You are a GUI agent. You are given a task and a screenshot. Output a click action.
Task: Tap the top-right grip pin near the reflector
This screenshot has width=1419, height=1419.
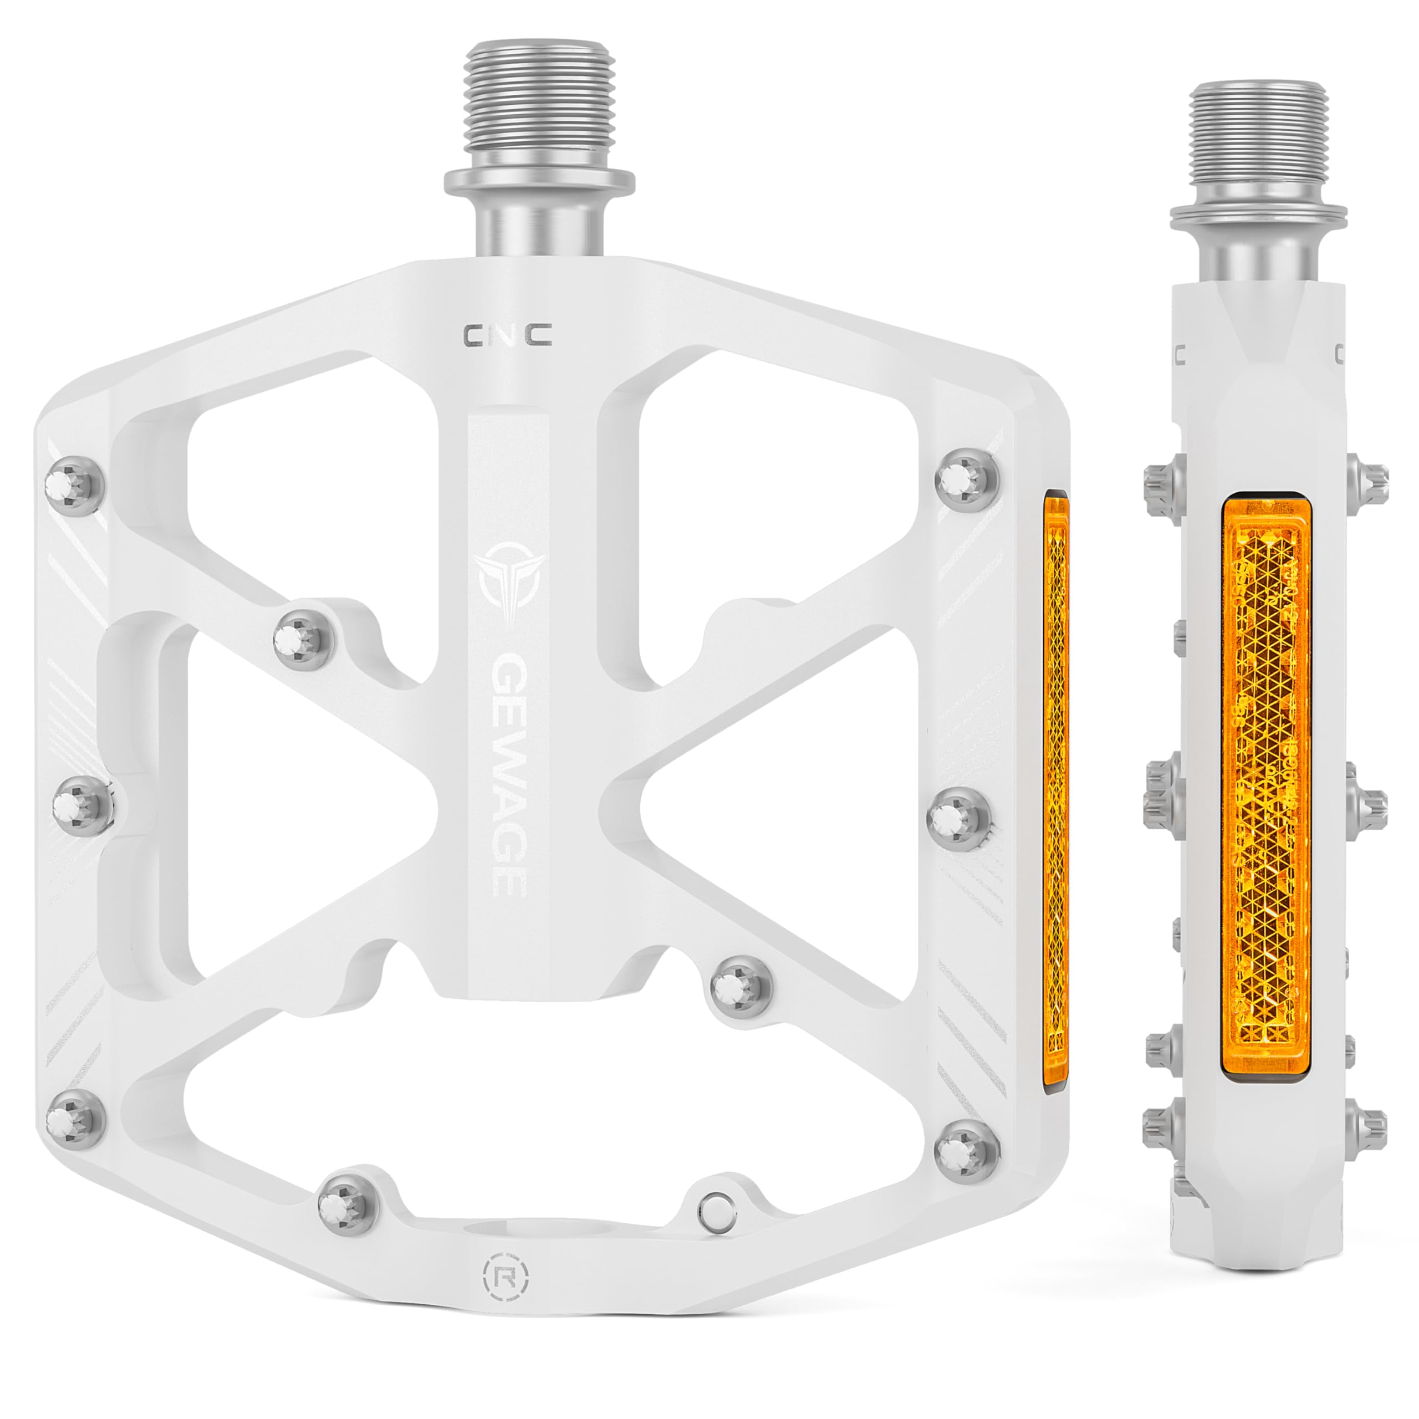point(968,479)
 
